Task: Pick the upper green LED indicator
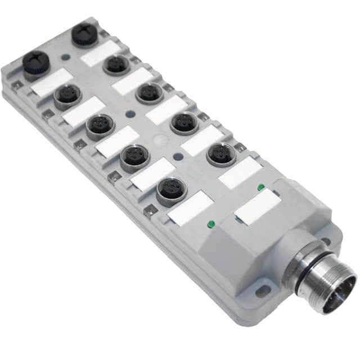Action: coord(260,187)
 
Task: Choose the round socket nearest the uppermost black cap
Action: coord(116,65)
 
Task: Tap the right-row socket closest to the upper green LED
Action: coord(220,155)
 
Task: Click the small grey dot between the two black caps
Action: coord(67,57)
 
